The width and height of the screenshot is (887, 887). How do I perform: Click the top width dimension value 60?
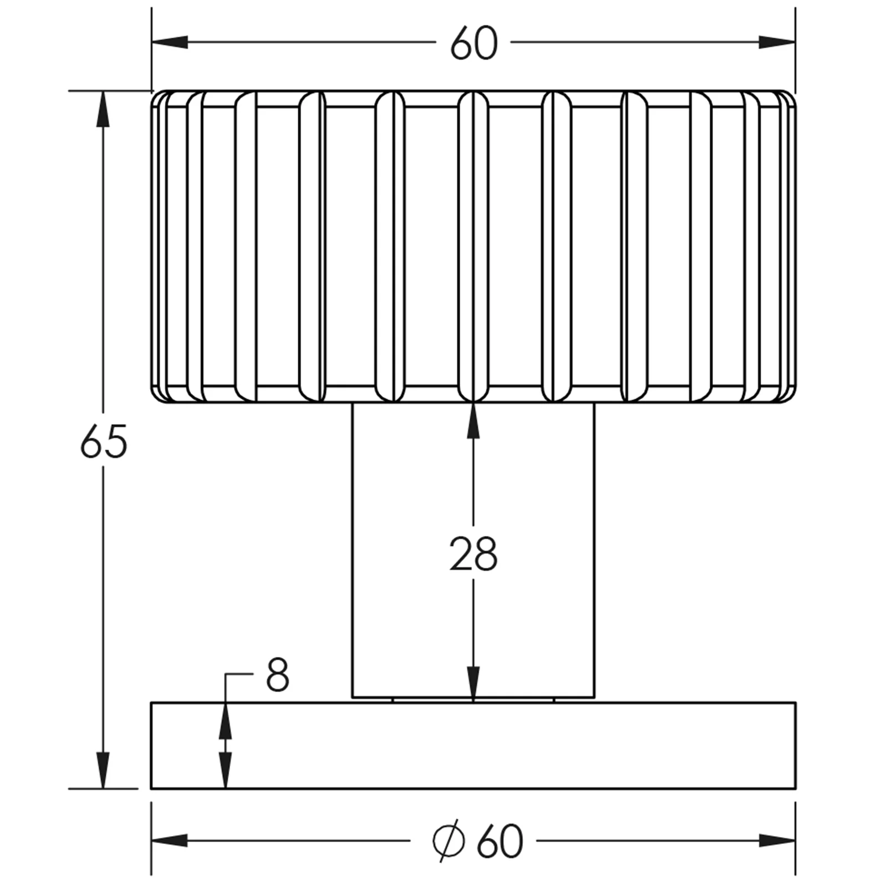[474, 43]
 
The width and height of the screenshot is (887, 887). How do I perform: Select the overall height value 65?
[104, 442]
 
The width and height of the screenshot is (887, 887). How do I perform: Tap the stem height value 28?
[473, 554]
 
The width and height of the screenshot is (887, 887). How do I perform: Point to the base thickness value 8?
[277, 675]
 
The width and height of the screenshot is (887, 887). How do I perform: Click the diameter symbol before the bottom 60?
[448, 841]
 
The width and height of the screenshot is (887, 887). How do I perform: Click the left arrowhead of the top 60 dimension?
[170, 42]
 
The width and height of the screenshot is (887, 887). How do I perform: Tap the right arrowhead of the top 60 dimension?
[777, 42]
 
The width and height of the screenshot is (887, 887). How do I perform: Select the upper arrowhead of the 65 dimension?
[103, 109]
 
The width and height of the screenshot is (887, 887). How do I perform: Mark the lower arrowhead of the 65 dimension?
[103, 770]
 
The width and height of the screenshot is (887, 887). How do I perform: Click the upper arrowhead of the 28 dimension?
[473, 420]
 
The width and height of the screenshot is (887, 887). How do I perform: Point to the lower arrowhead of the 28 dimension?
[473, 684]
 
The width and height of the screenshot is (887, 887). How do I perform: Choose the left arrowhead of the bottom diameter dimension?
[170, 840]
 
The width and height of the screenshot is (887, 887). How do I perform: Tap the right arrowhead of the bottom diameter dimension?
[777, 840]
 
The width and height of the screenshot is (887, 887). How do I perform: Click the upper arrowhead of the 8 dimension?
[225, 720]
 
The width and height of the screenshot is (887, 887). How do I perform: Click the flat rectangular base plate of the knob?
[473, 745]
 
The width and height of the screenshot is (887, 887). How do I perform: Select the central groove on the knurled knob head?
[473, 246]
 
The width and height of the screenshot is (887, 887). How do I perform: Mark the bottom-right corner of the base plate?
[796, 788]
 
